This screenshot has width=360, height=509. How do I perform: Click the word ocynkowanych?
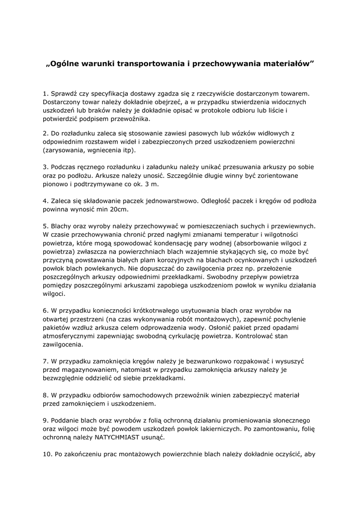245,261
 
